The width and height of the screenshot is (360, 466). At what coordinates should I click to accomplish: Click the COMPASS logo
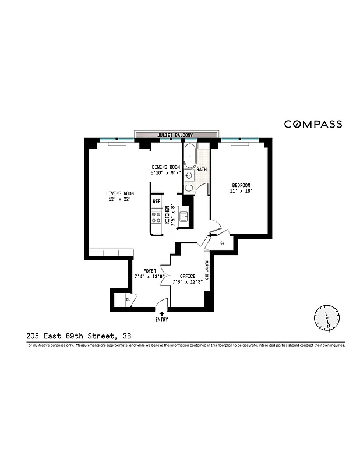[x=313, y=124]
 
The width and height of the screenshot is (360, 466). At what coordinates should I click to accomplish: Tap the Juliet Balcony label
[x=175, y=135]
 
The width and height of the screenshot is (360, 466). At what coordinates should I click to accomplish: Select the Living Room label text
[x=120, y=193]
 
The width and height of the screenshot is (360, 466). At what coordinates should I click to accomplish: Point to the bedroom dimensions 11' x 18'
[x=241, y=191]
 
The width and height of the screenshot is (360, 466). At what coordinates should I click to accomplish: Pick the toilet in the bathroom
[x=189, y=188]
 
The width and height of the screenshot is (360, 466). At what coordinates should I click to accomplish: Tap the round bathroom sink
[x=189, y=175]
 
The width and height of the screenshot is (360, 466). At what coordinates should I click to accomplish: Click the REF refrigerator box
[x=156, y=202]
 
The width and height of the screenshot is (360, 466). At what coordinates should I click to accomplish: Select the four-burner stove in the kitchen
[x=156, y=218]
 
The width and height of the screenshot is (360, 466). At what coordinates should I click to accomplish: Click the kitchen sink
[x=183, y=218]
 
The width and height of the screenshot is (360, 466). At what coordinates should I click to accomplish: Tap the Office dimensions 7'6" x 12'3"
[x=186, y=283]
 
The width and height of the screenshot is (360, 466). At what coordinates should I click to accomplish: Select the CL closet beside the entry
[x=128, y=300]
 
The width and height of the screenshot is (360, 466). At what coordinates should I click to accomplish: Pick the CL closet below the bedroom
[x=222, y=243]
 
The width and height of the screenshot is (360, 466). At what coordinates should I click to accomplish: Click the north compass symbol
[x=326, y=317]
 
